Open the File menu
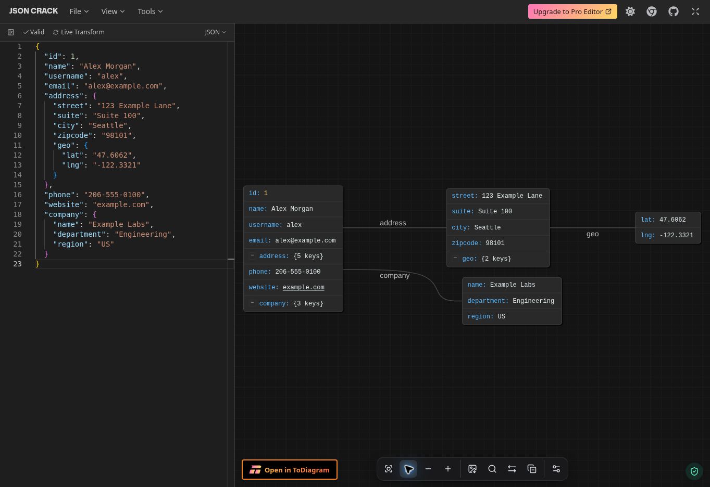(x=79, y=11)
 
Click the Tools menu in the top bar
(x=150, y=11)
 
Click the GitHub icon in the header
(x=673, y=12)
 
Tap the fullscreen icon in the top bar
(x=695, y=12)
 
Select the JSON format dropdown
(x=215, y=32)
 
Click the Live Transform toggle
(x=79, y=32)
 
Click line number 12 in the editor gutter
(x=17, y=155)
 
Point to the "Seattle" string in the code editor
(x=108, y=125)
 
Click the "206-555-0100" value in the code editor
(x=115, y=195)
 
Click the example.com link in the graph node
(x=303, y=287)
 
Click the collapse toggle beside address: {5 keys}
(x=252, y=255)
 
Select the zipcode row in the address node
(x=498, y=243)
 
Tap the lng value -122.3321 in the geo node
(x=677, y=235)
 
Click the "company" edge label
(x=395, y=275)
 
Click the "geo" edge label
(x=592, y=234)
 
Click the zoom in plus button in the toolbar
(x=447, y=469)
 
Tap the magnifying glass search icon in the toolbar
(x=492, y=469)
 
